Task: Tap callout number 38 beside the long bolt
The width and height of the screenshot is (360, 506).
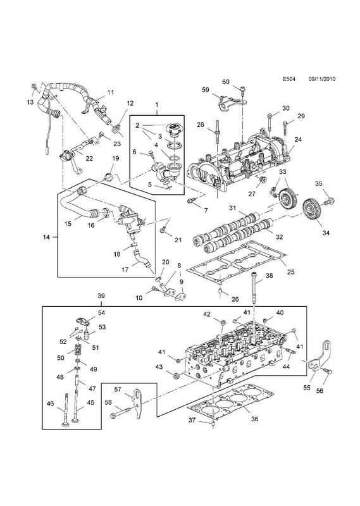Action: [269, 276]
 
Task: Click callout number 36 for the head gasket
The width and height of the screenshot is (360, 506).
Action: [254, 419]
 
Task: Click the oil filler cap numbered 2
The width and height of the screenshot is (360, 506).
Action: [172, 130]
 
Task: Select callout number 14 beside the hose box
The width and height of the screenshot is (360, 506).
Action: [46, 237]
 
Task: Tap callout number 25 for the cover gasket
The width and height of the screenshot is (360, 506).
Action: [290, 272]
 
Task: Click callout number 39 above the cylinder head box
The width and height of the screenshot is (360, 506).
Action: [101, 295]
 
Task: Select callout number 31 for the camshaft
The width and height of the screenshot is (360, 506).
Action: [233, 208]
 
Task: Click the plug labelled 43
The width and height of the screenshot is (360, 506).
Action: [177, 376]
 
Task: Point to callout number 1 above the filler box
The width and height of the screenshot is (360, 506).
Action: [157, 104]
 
